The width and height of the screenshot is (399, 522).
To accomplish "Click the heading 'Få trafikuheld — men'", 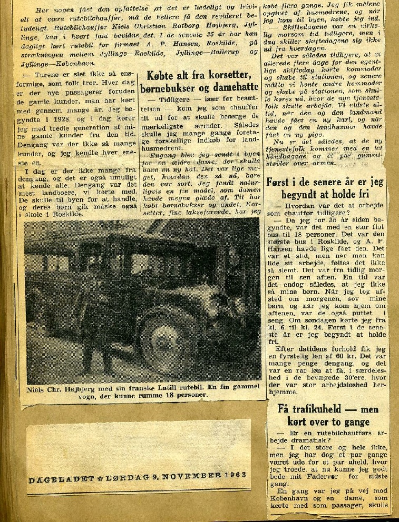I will tap(328, 409).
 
